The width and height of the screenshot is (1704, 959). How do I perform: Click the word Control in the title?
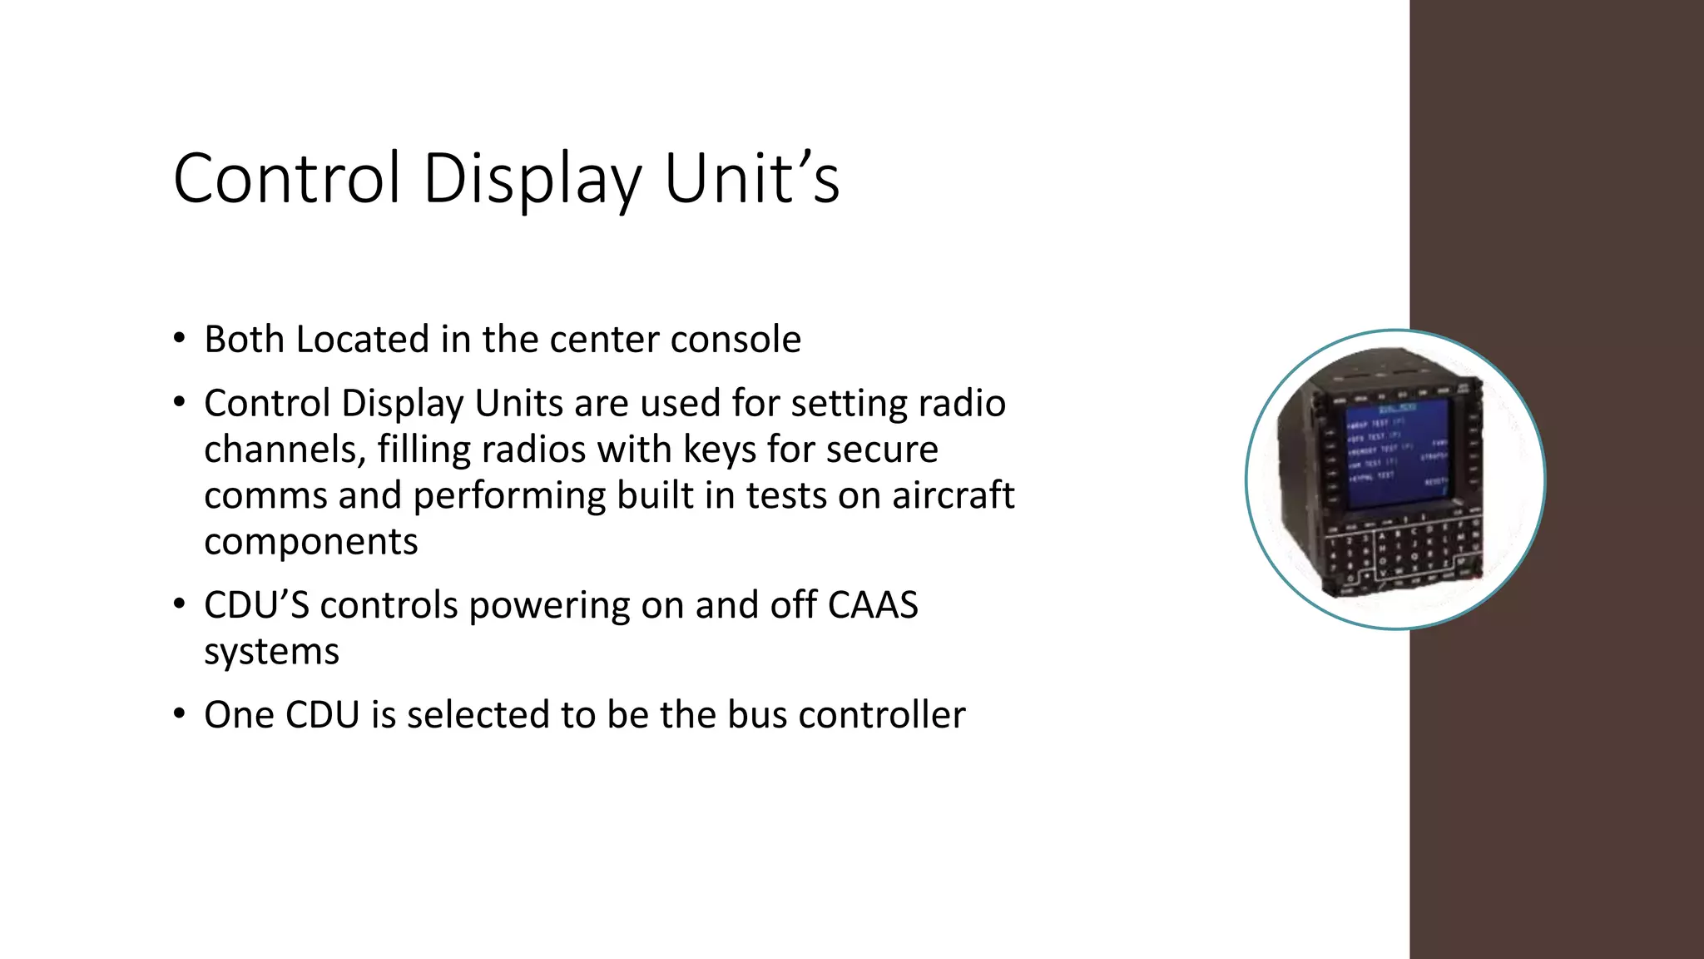(x=287, y=178)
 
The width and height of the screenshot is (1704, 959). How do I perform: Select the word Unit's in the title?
(x=751, y=178)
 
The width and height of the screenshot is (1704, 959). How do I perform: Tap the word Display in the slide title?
(x=532, y=178)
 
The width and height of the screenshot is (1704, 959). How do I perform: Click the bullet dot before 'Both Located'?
(x=179, y=338)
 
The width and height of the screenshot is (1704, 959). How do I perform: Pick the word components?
(x=310, y=542)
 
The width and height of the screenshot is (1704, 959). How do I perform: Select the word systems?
(x=271, y=652)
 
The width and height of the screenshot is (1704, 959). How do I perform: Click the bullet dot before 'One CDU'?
(x=179, y=714)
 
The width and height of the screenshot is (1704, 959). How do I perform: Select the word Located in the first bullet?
(x=363, y=340)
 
